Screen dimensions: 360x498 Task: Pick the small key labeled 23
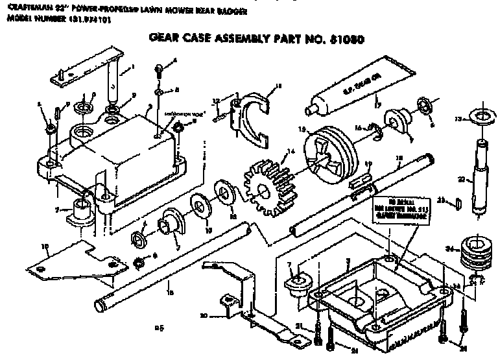[460, 204]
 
